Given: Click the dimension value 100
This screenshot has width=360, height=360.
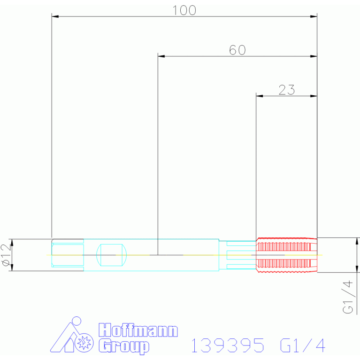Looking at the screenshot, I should point(184,10).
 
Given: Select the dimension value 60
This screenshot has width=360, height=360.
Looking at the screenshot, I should point(237,50).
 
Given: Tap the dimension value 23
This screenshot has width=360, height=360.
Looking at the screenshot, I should point(286,90).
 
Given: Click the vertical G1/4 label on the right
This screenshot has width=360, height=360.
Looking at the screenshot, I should point(348,297).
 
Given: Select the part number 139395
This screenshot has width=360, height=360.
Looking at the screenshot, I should point(227,346).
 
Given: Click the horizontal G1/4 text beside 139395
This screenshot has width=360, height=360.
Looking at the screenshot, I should point(302,346).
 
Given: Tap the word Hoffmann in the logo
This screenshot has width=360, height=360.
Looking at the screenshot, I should point(138,330).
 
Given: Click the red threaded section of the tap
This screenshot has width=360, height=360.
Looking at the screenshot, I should point(286,255).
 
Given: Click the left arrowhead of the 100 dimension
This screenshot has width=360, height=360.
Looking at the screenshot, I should point(55,17).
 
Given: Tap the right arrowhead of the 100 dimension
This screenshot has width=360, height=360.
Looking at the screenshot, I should point(314,17).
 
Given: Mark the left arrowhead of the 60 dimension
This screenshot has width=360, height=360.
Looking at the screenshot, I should point(161,56).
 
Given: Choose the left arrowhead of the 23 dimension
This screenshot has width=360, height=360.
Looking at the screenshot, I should point(259,96).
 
